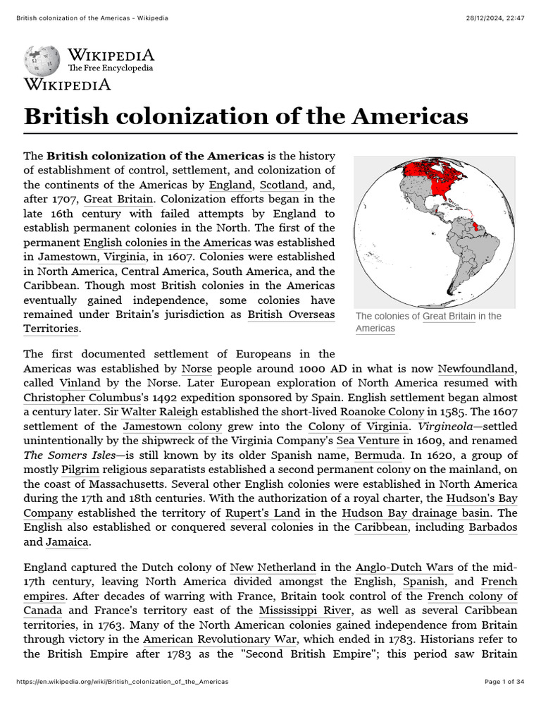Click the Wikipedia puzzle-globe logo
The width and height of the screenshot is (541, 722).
tap(42, 62)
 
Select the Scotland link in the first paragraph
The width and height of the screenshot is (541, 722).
tap(282, 185)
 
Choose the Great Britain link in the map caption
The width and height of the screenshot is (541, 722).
tap(449, 317)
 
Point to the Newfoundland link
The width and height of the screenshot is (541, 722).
tap(477, 368)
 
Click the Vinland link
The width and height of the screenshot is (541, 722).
tap(79, 383)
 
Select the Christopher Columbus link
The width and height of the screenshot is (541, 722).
tap(88, 397)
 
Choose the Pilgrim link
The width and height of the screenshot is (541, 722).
tap(80, 470)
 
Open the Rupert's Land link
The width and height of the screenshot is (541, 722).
tap(263, 513)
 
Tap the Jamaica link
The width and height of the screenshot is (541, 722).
tap(67, 541)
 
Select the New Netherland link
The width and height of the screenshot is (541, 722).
tap(273, 567)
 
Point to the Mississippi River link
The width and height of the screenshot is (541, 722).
tap(304, 611)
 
